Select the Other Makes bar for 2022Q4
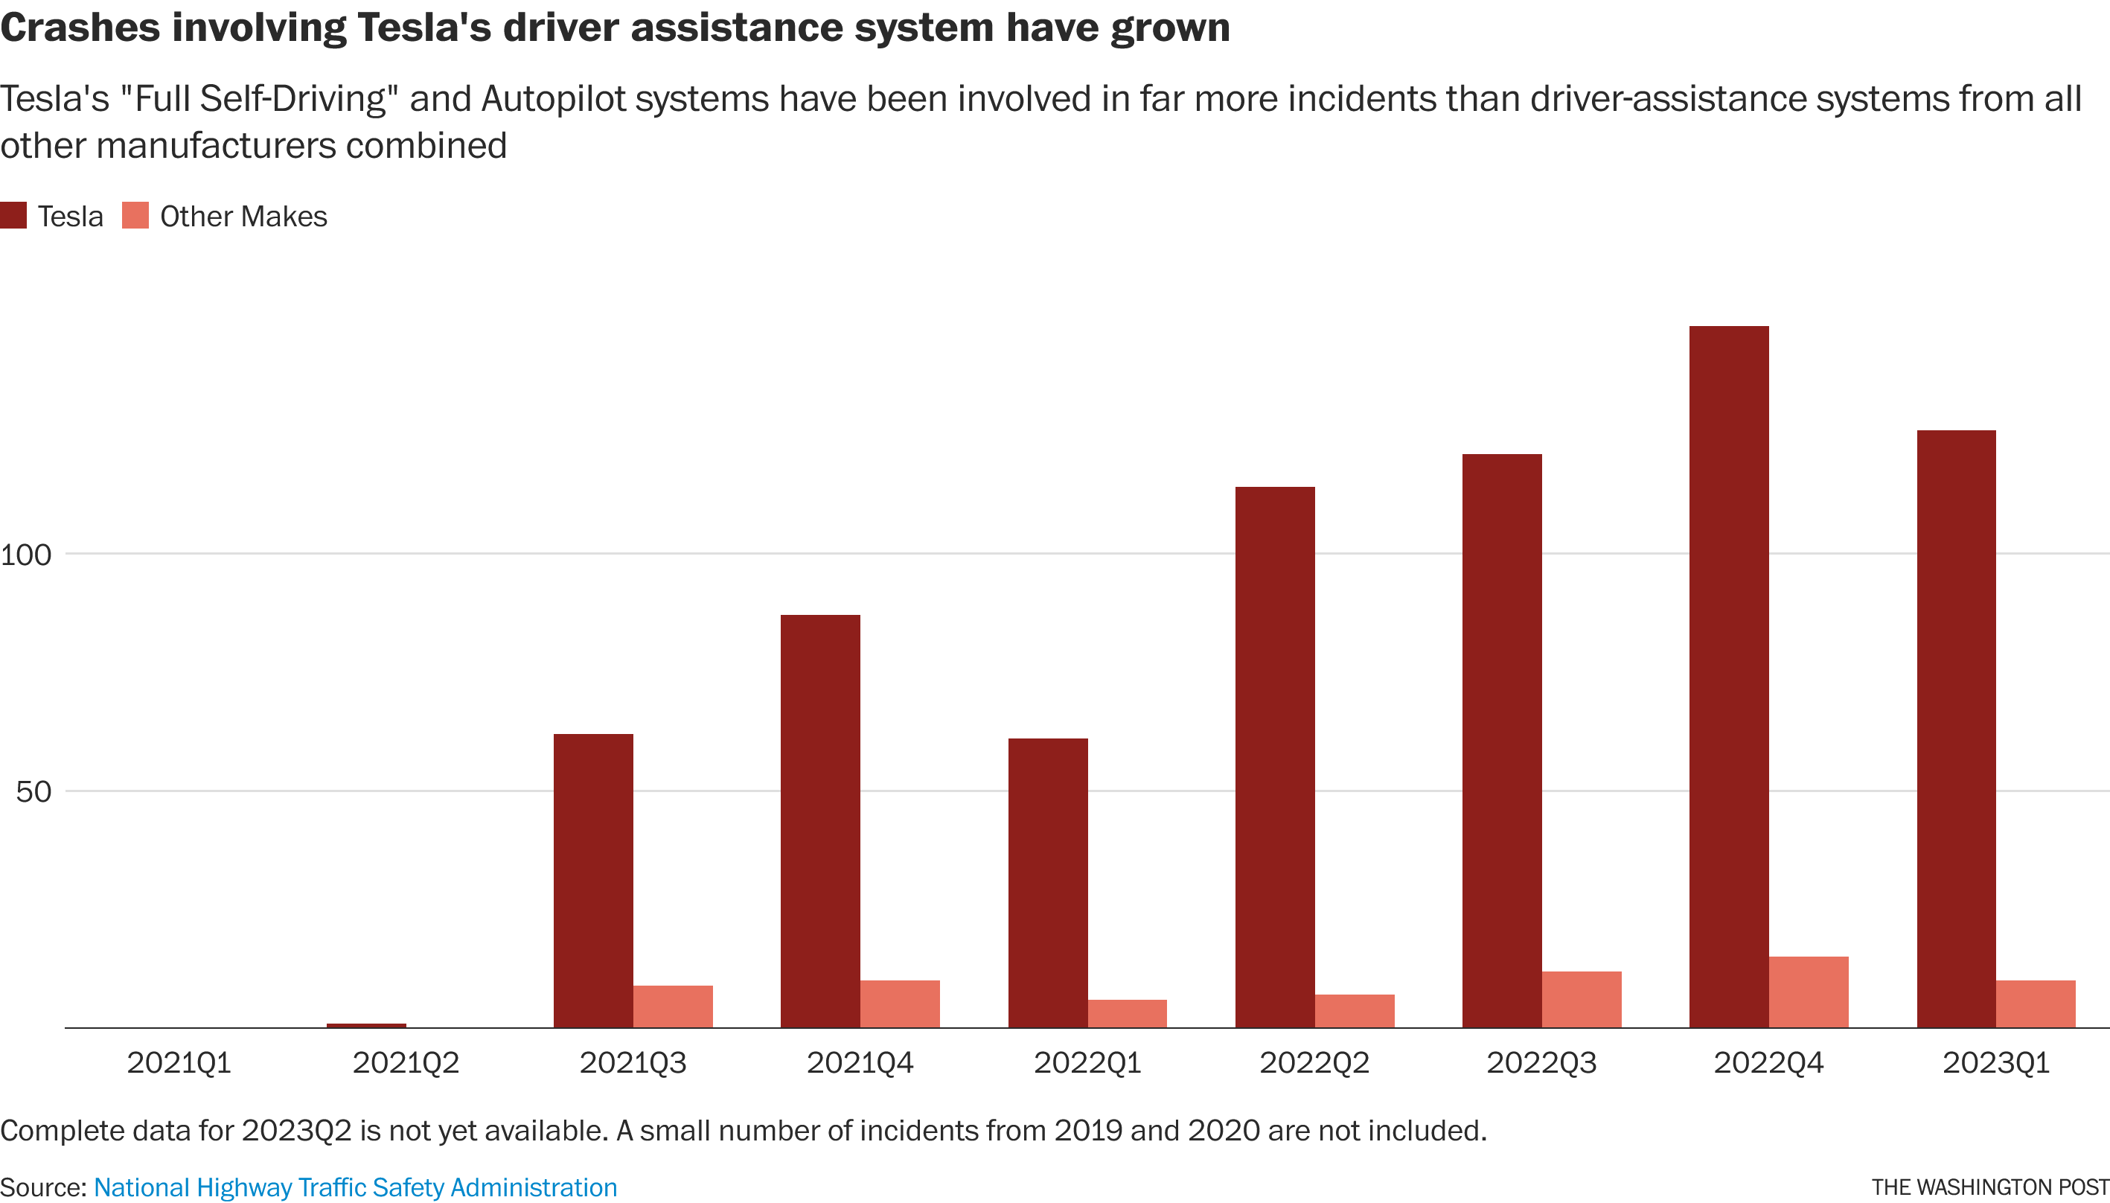(1809, 992)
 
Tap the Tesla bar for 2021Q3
(593, 880)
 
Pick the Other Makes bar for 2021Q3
(673, 1006)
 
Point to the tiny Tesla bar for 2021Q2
(366, 1025)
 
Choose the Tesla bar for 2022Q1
(1047, 882)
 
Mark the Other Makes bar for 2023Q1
(2036, 1004)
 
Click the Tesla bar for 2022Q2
(1274, 757)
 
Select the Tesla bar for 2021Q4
(820, 820)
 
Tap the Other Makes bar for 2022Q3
(1582, 999)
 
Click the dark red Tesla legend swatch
(13, 216)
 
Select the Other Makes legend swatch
(135, 216)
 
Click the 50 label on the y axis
(33, 791)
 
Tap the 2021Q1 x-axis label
(179, 1062)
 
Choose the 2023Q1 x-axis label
(1995, 1062)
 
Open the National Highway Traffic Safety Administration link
(355, 1187)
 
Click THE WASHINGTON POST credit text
(1990, 1188)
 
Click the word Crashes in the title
(80, 28)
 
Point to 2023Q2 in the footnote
(296, 1130)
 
